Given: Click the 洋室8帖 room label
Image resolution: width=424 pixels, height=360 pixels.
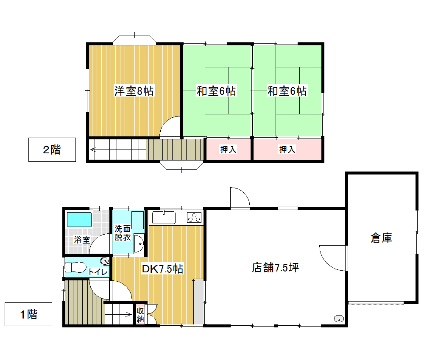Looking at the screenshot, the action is click(x=134, y=91).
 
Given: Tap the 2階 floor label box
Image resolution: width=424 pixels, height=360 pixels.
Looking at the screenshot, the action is click(x=52, y=150).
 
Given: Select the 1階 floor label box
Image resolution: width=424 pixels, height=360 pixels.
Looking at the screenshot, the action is click(x=28, y=314).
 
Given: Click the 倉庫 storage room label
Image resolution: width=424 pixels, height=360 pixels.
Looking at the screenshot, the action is click(x=381, y=238).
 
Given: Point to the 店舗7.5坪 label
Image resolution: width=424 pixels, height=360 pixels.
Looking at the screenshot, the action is click(x=275, y=267).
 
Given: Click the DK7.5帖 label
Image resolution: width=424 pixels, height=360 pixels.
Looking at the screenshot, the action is click(x=162, y=269).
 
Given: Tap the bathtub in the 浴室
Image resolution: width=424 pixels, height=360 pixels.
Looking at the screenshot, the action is click(x=79, y=219).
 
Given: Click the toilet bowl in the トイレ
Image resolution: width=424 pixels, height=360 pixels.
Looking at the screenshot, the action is click(x=75, y=267).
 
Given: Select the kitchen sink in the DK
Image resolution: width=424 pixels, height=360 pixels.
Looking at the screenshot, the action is click(x=164, y=218).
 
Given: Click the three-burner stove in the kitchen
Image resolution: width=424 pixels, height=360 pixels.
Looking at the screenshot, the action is click(x=194, y=218).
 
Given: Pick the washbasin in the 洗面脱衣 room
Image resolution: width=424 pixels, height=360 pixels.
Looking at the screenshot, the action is click(x=139, y=244).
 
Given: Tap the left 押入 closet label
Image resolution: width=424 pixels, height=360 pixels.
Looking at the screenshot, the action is click(x=229, y=150).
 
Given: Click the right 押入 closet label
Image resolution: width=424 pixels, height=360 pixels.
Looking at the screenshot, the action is click(x=287, y=150).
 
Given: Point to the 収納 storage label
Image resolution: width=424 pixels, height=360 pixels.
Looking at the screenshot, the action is click(x=140, y=315).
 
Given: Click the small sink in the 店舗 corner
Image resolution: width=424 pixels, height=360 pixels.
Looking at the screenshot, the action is click(x=339, y=319).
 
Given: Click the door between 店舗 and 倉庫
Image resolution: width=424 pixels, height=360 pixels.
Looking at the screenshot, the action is click(x=333, y=258).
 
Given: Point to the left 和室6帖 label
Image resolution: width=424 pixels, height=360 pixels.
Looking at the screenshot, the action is click(x=216, y=91).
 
